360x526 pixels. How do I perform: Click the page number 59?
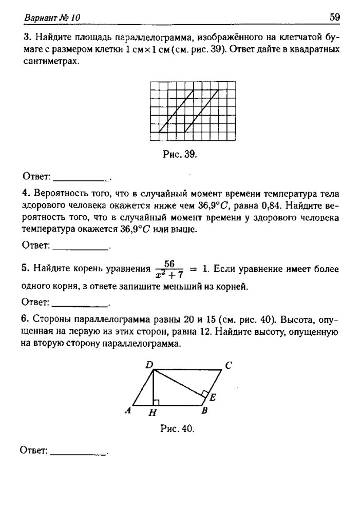click(x=334, y=17)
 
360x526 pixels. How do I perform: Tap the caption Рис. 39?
click(x=180, y=154)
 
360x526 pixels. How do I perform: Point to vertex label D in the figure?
click(x=149, y=365)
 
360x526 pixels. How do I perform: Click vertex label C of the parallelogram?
click(x=228, y=366)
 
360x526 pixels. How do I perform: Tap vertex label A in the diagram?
click(x=127, y=410)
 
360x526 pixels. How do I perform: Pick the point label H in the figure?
click(x=153, y=412)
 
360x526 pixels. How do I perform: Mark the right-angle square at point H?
click(x=156, y=402)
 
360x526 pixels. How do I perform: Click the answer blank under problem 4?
click(x=81, y=247)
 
